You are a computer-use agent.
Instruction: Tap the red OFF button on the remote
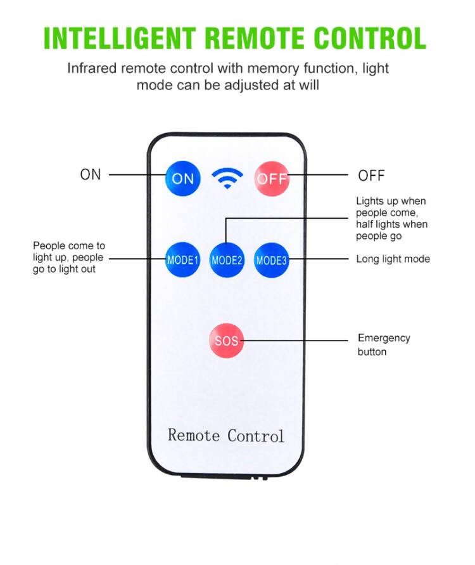[272, 179]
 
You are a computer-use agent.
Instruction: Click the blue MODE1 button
[182, 260]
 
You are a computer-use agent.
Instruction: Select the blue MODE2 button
[227, 260]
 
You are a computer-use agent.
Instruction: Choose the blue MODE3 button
[272, 260]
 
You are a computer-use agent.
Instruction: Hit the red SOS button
[226, 341]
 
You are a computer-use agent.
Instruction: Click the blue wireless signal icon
[227, 179]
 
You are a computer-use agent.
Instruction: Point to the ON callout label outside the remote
[91, 174]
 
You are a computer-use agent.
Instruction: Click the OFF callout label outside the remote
[371, 176]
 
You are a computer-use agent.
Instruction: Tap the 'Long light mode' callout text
[393, 259]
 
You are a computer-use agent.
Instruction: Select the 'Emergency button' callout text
[384, 344]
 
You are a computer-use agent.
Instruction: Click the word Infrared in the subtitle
[92, 68]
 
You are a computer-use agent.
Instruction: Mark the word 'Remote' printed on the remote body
[194, 436]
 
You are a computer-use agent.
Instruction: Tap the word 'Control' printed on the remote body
[256, 436]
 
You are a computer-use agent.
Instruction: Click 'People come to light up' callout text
[69, 251]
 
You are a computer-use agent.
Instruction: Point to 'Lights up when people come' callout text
[391, 207]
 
